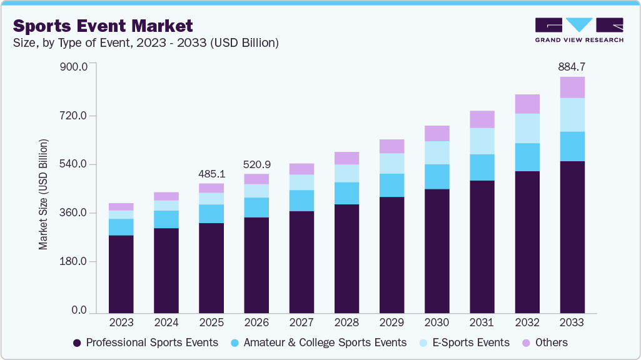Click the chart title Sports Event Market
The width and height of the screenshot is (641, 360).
103,26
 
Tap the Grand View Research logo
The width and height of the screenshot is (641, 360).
579,30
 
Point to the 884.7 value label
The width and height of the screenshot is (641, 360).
572,66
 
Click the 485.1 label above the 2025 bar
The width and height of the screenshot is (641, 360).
211,173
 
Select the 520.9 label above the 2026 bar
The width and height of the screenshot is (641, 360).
256,164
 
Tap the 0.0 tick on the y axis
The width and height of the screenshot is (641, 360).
78,311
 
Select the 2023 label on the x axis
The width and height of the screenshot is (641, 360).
121,322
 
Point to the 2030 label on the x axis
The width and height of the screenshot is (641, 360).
437,322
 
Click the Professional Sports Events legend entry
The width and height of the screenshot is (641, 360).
146,342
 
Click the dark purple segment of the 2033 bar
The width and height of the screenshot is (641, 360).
572,237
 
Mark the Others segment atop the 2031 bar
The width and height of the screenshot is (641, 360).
482,119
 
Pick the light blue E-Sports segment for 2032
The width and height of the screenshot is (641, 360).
527,128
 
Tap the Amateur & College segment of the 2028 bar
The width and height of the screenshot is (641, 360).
346,193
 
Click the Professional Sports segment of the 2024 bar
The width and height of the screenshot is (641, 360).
166,271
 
